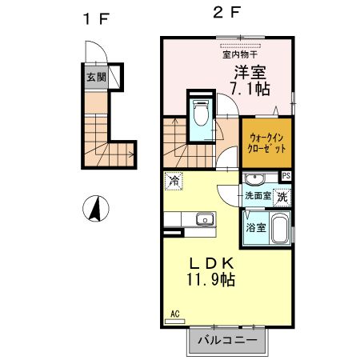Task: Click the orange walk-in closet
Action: [265, 144]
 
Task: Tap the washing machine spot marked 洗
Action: [282, 195]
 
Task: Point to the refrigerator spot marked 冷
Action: [174, 182]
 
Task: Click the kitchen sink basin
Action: [204, 218]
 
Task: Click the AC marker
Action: [175, 314]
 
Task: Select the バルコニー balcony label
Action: [227, 340]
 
